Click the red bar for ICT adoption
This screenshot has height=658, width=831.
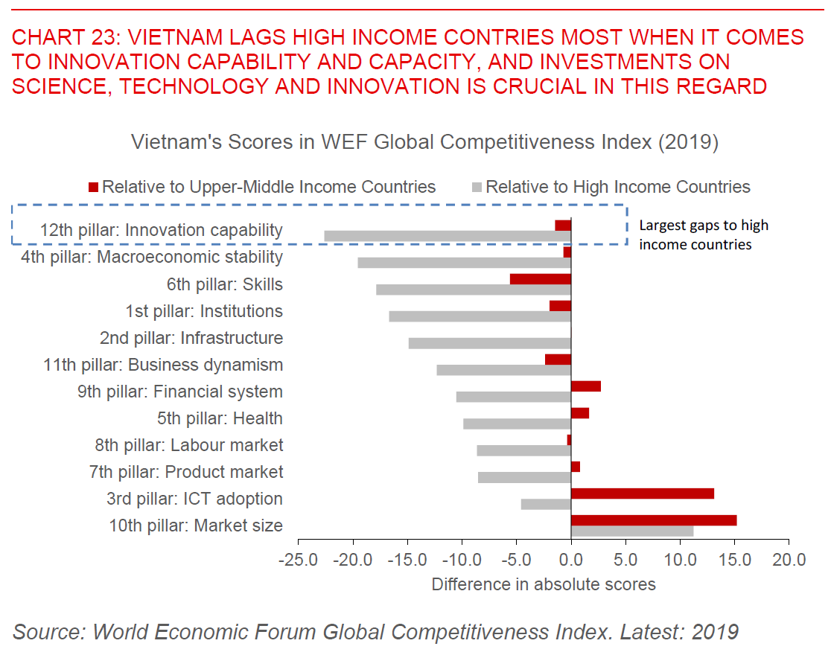[642, 493]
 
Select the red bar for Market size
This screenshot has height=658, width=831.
[653, 520]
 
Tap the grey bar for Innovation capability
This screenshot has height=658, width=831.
[447, 236]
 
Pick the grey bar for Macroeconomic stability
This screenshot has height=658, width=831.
[464, 263]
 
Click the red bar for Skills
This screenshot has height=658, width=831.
[540, 279]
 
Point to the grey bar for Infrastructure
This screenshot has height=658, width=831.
[489, 343]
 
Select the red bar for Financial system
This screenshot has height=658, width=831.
[585, 386]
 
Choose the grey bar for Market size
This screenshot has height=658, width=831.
[631, 531]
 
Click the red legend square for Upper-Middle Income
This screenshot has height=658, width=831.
[93, 186]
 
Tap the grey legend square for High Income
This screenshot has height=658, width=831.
[477, 186]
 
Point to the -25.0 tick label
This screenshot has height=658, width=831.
[298, 559]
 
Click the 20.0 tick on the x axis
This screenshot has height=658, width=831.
[789, 559]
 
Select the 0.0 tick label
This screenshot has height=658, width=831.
[571, 559]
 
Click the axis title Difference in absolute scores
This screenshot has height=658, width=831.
[544, 584]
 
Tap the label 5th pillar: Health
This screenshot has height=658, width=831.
[220, 418]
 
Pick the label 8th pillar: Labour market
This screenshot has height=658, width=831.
[189, 445]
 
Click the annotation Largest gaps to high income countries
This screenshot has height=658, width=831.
[703, 234]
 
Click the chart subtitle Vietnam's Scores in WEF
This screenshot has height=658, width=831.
[424, 142]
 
